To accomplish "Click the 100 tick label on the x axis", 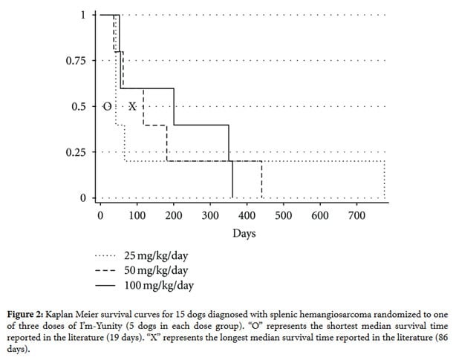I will point(137,216).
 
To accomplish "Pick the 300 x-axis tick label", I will point(210,216).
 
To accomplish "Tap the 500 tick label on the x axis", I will point(284,216).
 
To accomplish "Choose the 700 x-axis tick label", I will point(356,216).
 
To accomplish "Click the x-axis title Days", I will point(244,234).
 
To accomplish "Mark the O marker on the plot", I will point(107,106).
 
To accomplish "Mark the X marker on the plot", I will point(132,106).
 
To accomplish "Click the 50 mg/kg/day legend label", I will point(156,271).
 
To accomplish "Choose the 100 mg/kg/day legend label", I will point(159,285).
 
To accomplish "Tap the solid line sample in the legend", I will point(106,286).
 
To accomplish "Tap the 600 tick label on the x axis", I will point(320,216).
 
